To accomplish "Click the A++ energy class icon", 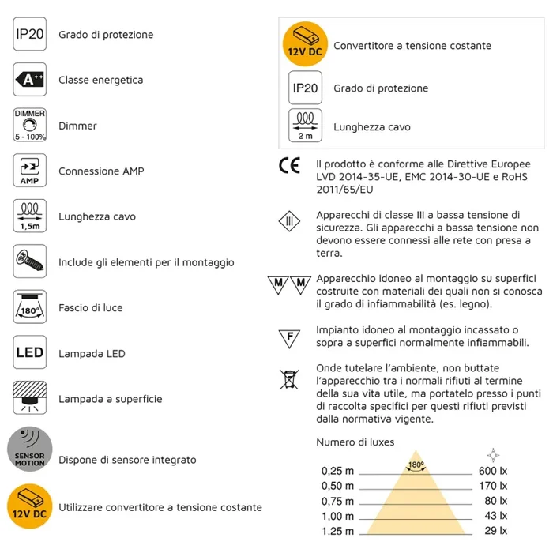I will [x=30, y=80].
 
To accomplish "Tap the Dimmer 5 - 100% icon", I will [x=30, y=126].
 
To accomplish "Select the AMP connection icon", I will [x=30, y=171].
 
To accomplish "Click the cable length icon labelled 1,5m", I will [x=30, y=216].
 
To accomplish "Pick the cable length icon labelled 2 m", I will [x=305, y=126].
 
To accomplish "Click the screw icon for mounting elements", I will [x=30, y=261].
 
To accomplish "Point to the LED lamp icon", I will [x=30, y=353].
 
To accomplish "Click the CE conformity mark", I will [x=290, y=167].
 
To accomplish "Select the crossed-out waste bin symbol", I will [x=290, y=379].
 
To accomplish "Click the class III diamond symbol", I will [x=290, y=221].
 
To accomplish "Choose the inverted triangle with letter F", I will [x=290, y=339].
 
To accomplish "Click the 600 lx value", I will [x=493, y=472].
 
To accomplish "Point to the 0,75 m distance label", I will [x=338, y=501].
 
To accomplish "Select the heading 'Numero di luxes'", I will [x=355, y=442].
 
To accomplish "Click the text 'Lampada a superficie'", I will [x=111, y=399].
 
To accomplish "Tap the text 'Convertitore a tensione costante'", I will [x=412, y=46].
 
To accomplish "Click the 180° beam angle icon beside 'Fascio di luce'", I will [x=30, y=307].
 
